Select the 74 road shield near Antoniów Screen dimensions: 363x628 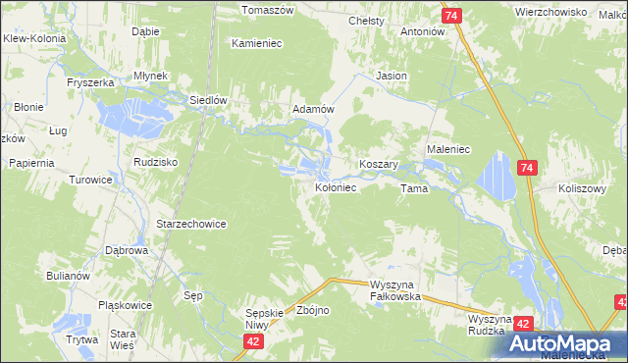451,17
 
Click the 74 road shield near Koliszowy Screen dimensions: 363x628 528,169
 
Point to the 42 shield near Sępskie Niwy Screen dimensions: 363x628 254,340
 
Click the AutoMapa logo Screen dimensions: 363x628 567,343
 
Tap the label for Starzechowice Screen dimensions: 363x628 191,224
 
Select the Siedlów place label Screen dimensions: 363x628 208,99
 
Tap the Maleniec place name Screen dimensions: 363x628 449,149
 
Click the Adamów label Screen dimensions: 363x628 314,110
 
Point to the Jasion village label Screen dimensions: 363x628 392,76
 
